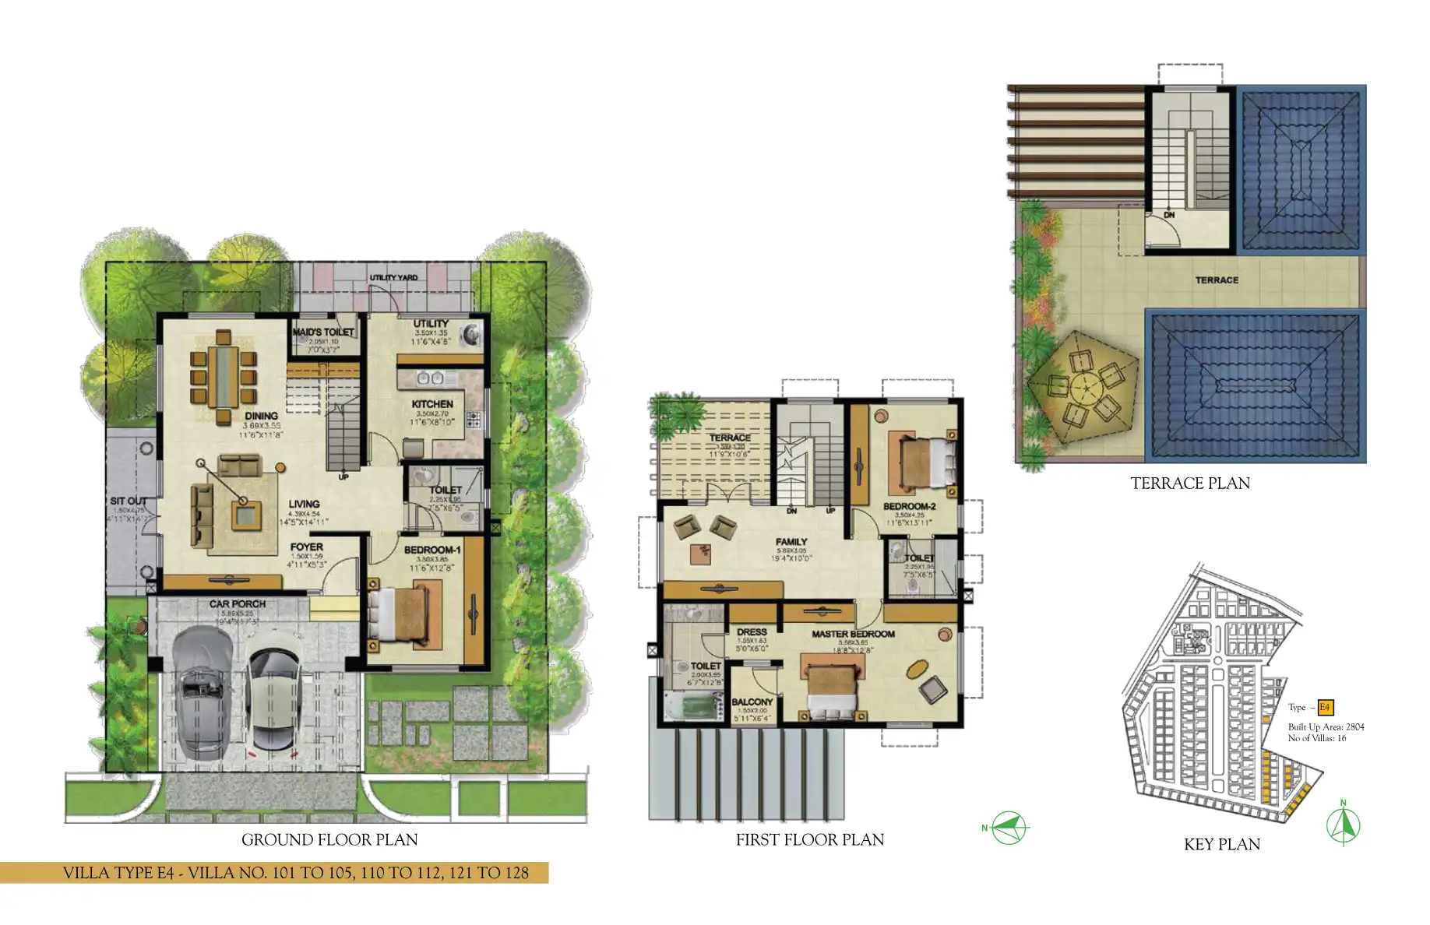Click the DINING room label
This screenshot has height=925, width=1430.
tap(261, 416)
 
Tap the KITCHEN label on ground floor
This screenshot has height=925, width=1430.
tap(432, 404)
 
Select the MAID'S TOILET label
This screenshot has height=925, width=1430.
tap(323, 332)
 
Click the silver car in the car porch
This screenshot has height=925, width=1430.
tap(202, 692)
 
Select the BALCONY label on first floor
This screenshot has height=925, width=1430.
tap(752, 702)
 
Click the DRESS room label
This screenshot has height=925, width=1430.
tap(752, 632)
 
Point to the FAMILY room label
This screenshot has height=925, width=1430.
tap(791, 542)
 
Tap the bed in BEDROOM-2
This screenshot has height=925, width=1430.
tap(925, 463)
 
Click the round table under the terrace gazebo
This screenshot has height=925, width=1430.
tap(1083, 386)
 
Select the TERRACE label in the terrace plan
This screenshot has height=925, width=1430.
tap(1217, 280)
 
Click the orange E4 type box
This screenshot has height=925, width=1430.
tap(1325, 708)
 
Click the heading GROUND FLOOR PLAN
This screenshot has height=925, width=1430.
tap(329, 840)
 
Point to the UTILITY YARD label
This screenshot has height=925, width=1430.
tap(393, 278)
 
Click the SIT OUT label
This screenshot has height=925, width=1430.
tap(129, 501)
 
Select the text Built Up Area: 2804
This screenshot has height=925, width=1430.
tap(1326, 727)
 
